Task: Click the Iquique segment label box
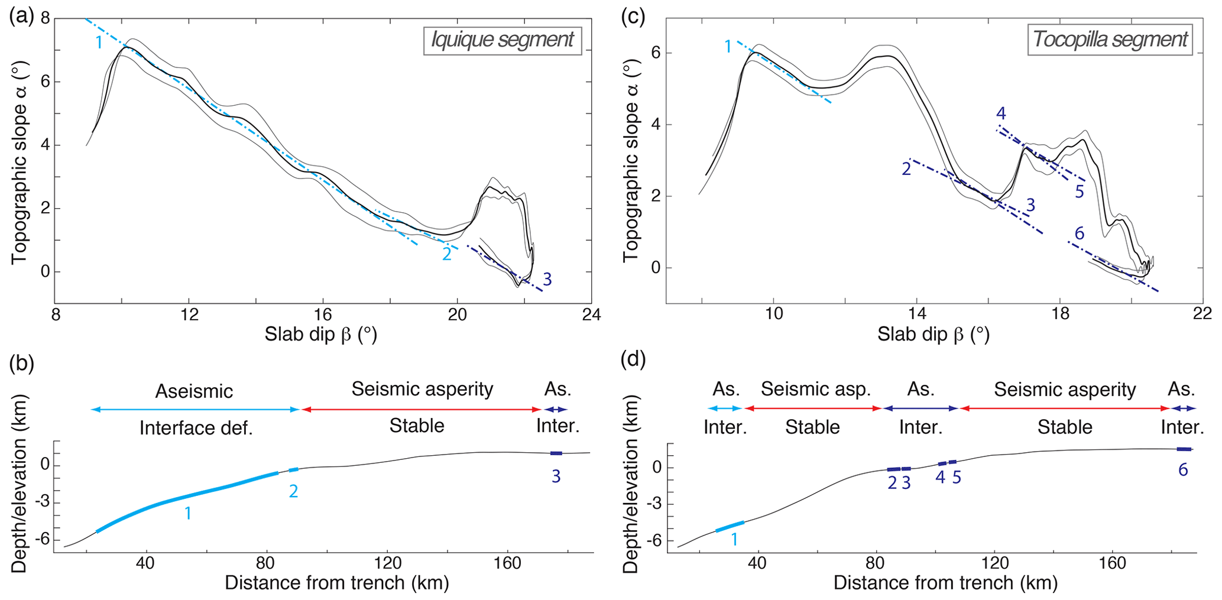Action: (x=502, y=40)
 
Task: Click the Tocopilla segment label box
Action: (x=1110, y=40)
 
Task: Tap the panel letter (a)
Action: (x=21, y=16)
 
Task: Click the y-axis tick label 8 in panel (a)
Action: (x=45, y=18)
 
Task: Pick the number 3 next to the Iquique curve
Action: (x=547, y=280)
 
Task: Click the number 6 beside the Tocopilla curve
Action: (x=1079, y=234)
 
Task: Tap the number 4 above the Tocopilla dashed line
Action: (x=1000, y=113)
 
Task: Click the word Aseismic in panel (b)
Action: (x=194, y=391)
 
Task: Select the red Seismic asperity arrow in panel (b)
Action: (x=422, y=409)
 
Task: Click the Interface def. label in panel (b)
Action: (x=196, y=428)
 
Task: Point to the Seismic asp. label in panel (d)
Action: (x=815, y=389)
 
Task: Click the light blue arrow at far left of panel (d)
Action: (x=724, y=408)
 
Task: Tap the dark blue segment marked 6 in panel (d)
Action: (x=1184, y=449)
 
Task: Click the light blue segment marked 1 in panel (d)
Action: (x=730, y=527)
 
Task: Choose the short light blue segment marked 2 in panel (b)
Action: (x=293, y=470)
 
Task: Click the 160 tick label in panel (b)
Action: (x=507, y=563)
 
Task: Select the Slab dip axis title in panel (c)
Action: (x=933, y=335)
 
